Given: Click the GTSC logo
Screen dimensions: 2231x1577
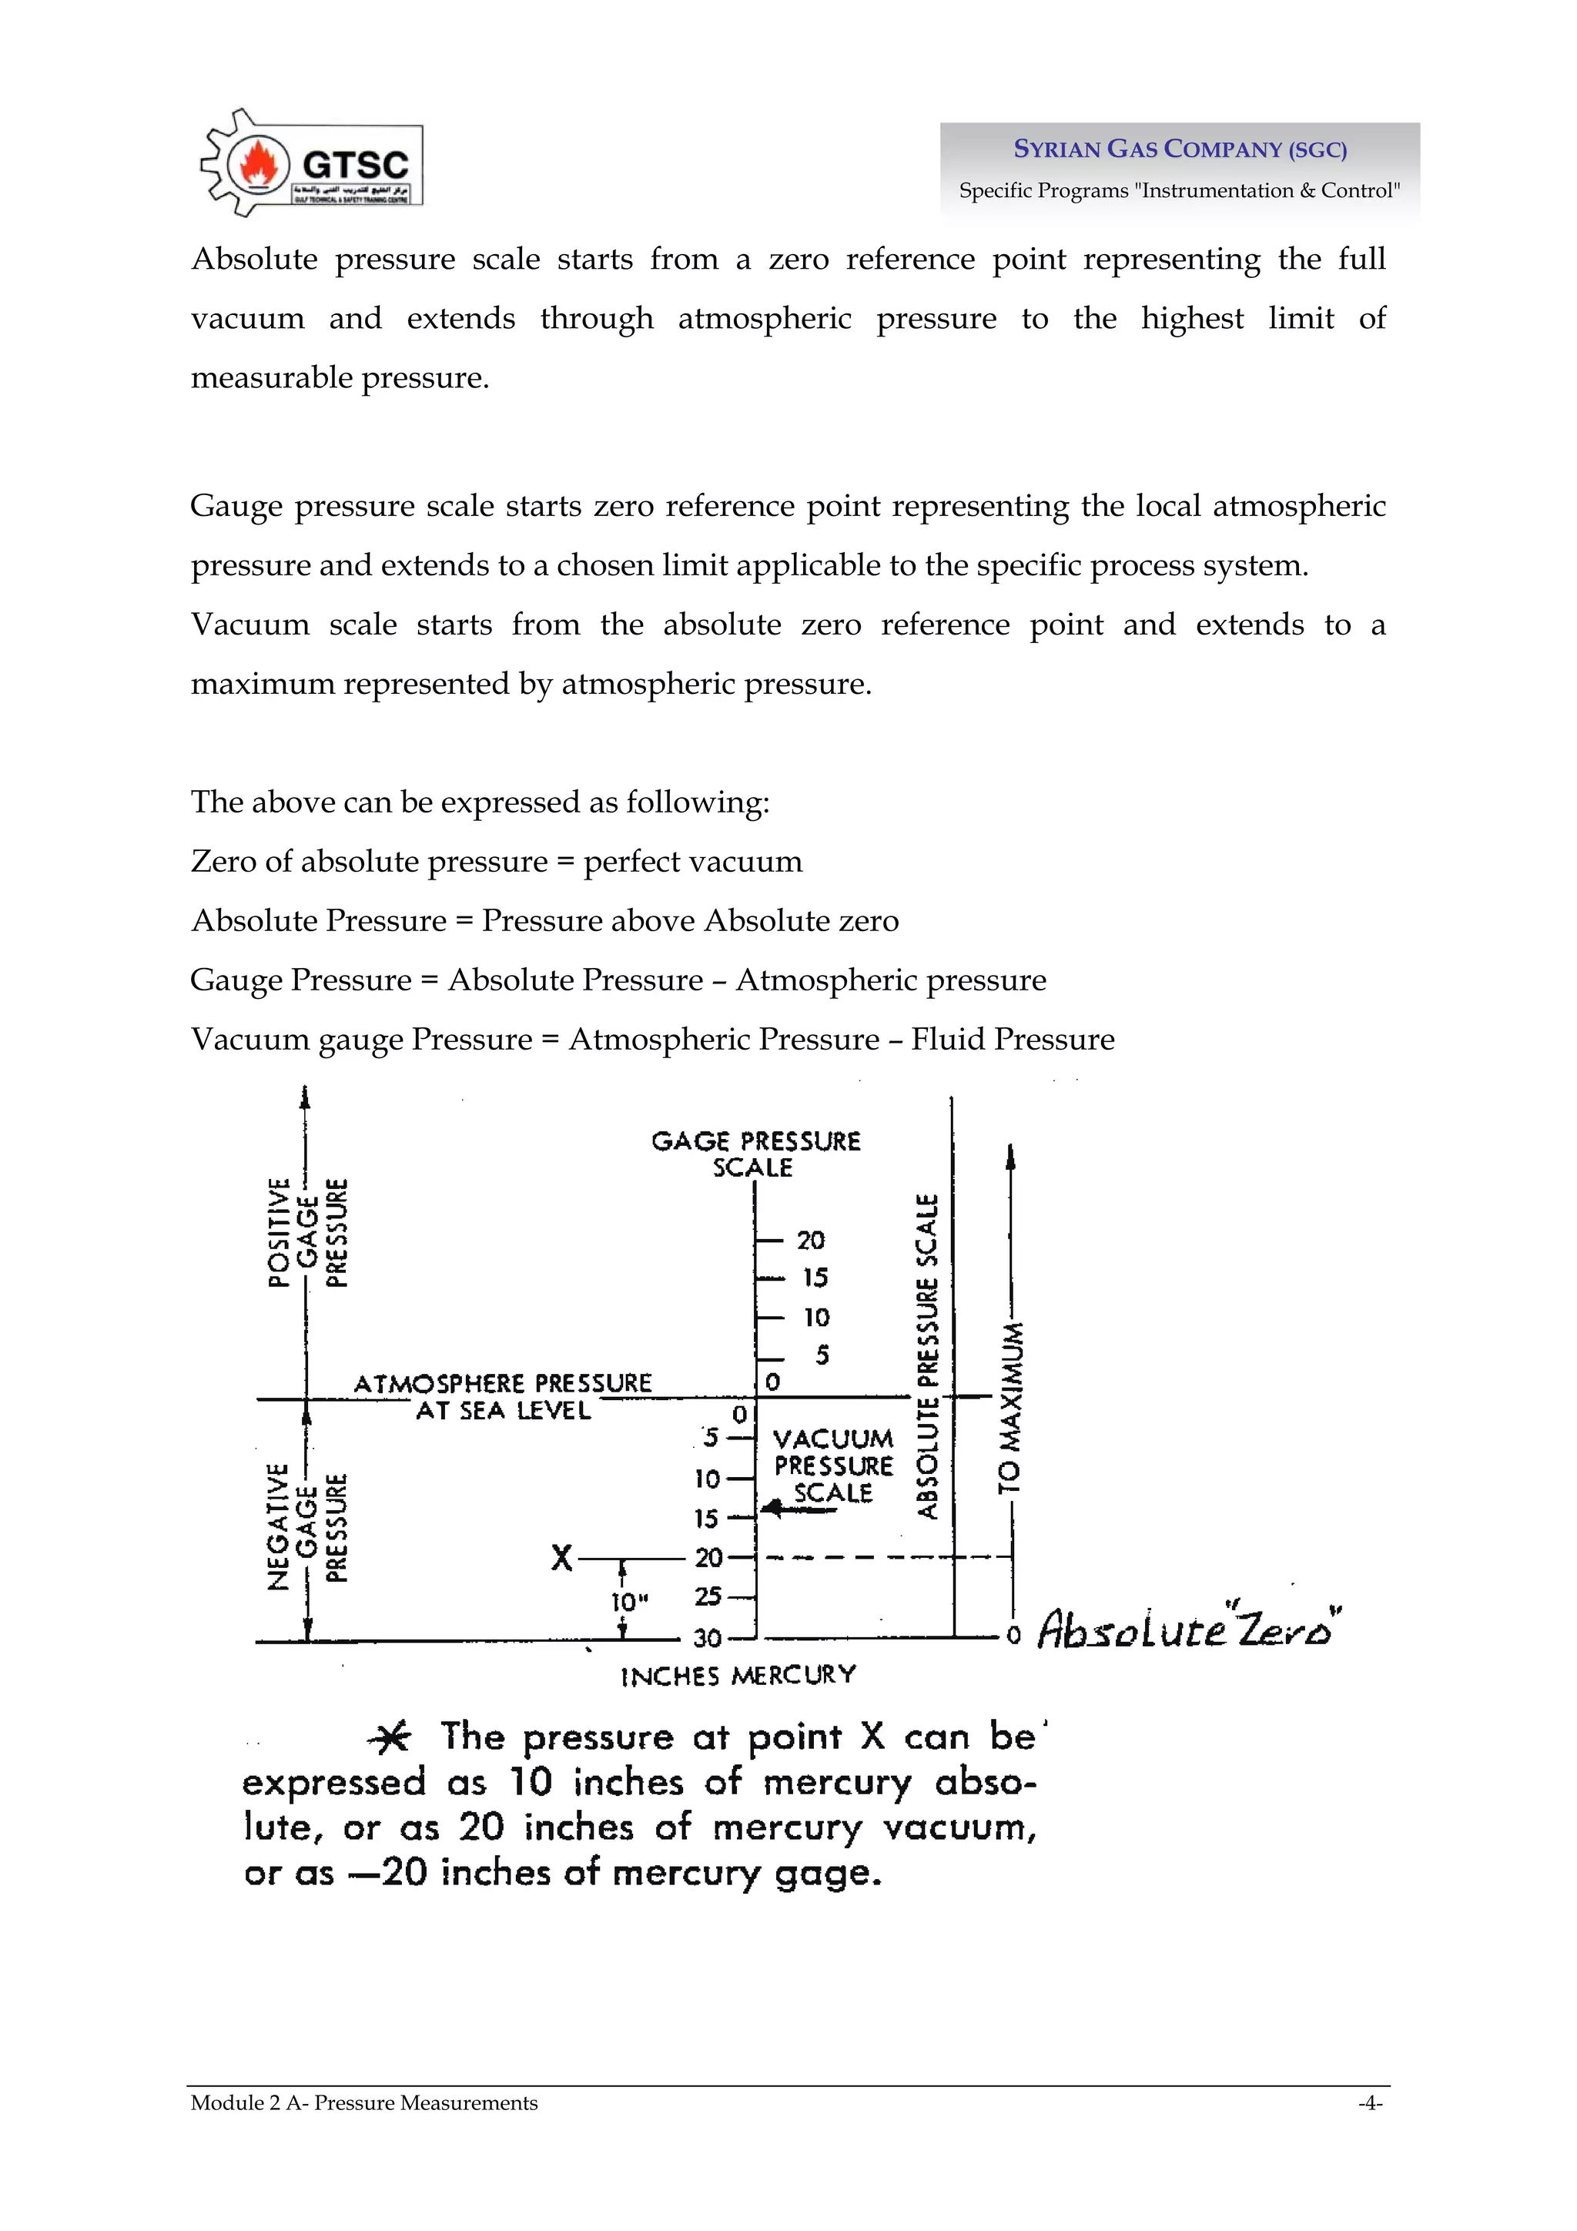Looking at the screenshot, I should coord(312,163).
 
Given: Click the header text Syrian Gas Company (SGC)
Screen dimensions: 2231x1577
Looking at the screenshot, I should coord(1180,149).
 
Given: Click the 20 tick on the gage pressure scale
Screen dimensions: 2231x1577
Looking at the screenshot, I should coord(809,1240).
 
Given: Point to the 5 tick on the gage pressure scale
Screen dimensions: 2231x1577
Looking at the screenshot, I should coord(821,1355).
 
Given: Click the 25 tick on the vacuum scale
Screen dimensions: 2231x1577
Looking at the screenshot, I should coord(708,1596).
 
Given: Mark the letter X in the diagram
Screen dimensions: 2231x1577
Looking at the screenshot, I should coord(561,1558).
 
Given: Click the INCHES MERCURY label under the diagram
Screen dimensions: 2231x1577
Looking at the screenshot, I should coord(738,1675).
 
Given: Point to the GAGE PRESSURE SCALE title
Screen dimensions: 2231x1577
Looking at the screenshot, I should coord(755,1154).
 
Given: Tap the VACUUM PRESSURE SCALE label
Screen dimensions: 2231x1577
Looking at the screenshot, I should coord(832,1466).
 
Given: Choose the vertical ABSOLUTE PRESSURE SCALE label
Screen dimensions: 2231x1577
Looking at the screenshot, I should coord(928,1356).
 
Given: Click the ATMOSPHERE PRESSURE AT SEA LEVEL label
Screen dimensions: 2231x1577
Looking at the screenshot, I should coord(502,1396).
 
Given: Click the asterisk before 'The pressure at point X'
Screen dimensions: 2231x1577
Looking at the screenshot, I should coord(390,1737).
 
